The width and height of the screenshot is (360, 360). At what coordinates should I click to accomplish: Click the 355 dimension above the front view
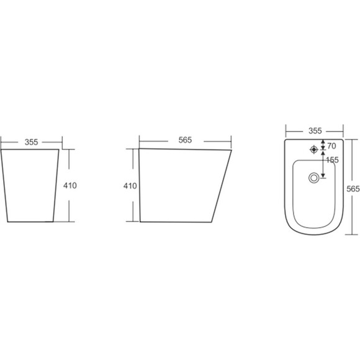(31, 142)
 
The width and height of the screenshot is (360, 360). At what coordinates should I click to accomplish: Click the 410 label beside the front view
(70, 186)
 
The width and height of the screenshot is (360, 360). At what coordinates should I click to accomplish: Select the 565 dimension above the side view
(185, 140)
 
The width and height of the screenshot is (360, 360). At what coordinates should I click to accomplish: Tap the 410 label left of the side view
(130, 186)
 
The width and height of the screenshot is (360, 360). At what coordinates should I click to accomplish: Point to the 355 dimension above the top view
(315, 131)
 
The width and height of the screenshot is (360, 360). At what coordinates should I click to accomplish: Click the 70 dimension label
(331, 146)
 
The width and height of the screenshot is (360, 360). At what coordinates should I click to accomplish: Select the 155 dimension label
(332, 160)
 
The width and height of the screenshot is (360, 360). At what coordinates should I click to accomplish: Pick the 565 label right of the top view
(353, 189)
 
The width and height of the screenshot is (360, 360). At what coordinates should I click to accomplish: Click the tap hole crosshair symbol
(314, 150)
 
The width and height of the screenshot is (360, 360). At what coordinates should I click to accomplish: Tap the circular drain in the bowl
(314, 178)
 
